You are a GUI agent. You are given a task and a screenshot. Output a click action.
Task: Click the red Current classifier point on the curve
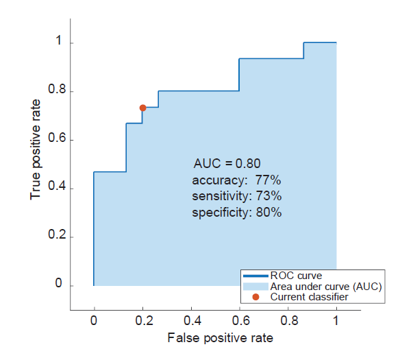142,108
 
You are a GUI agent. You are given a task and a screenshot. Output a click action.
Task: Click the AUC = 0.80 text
227,164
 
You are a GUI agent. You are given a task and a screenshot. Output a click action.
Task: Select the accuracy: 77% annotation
236,180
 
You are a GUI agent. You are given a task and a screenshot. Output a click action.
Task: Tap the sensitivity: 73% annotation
236,197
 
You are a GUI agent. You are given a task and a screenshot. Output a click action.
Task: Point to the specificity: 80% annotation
236,213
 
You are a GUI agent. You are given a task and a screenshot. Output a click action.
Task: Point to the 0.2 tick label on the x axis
142,320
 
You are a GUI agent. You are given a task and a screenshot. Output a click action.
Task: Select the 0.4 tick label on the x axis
191,320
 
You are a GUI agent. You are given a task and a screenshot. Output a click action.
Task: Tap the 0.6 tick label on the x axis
239,320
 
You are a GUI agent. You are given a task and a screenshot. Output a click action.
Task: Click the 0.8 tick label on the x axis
288,320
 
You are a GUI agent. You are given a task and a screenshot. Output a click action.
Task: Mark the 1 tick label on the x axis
336,320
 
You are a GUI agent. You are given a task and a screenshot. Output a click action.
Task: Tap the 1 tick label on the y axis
60,43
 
